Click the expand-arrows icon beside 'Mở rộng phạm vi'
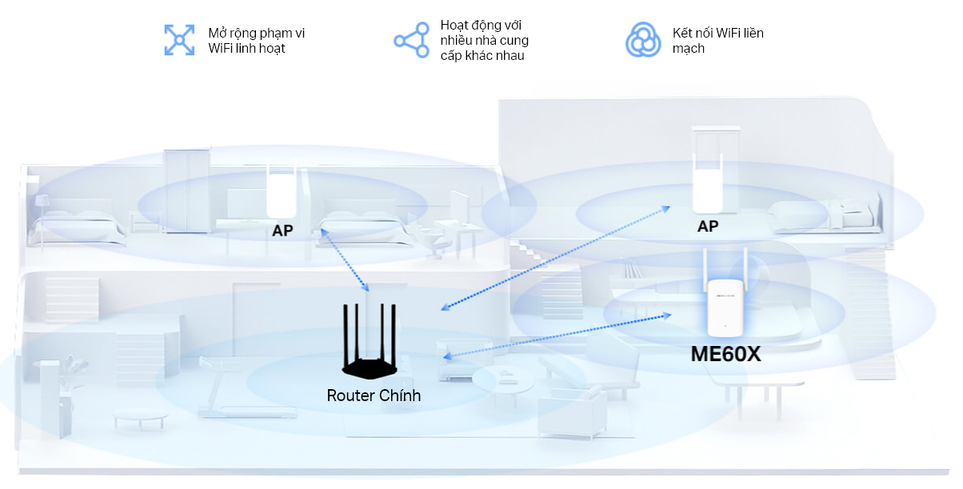tap(179, 40)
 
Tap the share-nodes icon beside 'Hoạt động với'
tap(411, 40)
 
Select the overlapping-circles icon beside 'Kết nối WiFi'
tap(643, 40)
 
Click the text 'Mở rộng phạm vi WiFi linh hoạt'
tap(256, 41)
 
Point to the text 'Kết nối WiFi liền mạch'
tap(717, 41)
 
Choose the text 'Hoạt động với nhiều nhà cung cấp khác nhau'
tap(484, 41)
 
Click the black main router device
tap(370, 341)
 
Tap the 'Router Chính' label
tap(374, 396)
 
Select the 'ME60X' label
tap(725, 354)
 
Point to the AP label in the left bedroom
tap(282, 231)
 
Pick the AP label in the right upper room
tap(708, 226)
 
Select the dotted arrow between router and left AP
tap(345, 260)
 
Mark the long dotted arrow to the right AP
tap(555, 258)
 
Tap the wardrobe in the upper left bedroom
tap(186, 192)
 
